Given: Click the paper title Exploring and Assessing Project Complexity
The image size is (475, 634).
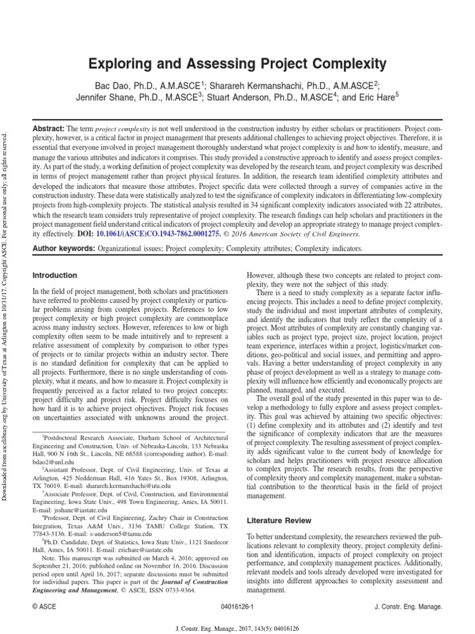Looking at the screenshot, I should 237,64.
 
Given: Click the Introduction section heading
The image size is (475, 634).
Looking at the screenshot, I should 55,275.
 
